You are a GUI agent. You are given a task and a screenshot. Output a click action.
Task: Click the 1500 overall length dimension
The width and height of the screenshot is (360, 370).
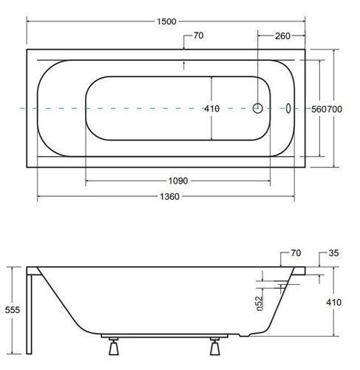pos(166,21)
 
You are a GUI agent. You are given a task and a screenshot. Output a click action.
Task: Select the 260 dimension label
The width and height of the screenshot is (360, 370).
pos(282,36)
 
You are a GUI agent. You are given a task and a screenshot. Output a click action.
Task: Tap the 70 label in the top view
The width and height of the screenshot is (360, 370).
pos(198,36)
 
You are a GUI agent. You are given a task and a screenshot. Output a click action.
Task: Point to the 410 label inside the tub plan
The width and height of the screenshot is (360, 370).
pos(212,109)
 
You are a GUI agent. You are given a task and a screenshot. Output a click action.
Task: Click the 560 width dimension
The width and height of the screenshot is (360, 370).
pos(319,109)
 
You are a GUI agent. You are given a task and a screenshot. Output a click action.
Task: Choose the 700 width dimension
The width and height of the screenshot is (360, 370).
pos(334,109)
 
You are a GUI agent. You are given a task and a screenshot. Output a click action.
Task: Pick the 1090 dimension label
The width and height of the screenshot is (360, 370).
pos(178,181)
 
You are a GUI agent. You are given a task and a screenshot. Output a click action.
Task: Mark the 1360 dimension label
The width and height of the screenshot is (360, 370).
pos(169,197)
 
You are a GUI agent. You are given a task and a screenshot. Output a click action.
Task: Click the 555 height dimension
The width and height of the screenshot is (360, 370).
pos(13,310)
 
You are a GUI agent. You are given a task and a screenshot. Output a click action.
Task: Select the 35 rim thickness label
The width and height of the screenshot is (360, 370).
pos(333,253)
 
